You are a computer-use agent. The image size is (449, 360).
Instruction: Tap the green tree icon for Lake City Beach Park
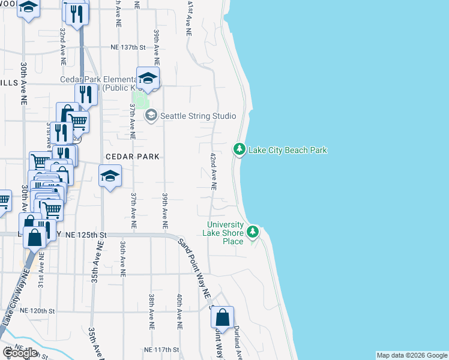[x=240, y=149]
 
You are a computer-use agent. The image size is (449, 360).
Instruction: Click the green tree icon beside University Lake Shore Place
[x=253, y=232]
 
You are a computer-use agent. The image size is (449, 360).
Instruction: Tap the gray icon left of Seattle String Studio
[x=151, y=115]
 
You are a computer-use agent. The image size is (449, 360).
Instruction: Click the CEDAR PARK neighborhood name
[x=133, y=157]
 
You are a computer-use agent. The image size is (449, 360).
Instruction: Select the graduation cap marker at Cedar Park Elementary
[x=148, y=77]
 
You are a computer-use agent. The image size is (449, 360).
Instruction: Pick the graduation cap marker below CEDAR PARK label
[x=110, y=176]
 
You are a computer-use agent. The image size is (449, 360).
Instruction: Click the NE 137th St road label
[x=128, y=47]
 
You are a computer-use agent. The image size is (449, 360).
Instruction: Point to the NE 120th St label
[x=37, y=311]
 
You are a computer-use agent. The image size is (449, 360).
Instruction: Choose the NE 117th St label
[x=162, y=349]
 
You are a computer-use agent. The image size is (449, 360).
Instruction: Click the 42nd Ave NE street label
[x=213, y=171]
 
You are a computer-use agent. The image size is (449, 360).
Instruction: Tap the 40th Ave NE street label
[x=179, y=311]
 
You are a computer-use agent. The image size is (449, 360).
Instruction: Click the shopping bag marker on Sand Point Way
[x=223, y=317]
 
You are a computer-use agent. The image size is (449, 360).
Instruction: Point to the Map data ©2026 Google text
[x=412, y=355]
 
